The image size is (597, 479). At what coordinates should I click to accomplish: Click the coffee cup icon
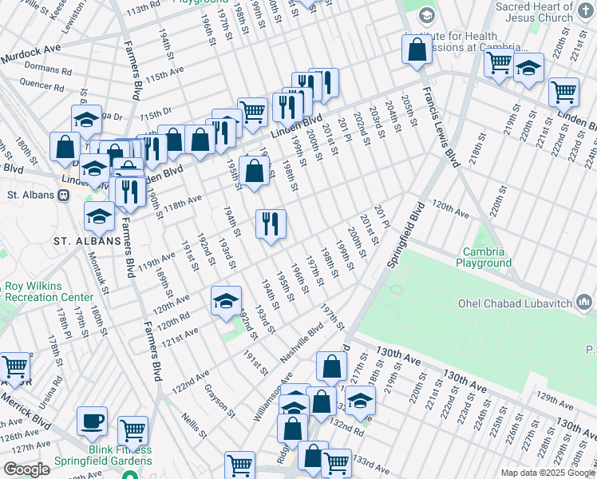[x=92, y=421]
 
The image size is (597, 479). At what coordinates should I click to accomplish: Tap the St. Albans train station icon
[x=63, y=195]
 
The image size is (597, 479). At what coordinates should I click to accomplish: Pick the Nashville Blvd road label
[x=302, y=342]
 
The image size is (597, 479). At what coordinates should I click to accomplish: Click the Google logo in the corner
[x=26, y=469]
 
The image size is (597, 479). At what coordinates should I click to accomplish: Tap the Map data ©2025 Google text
[x=548, y=473]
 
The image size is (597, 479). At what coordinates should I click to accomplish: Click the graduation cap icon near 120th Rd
[x=227, y=301]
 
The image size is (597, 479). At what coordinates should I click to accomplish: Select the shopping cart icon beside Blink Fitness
[x=132, y=431]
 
